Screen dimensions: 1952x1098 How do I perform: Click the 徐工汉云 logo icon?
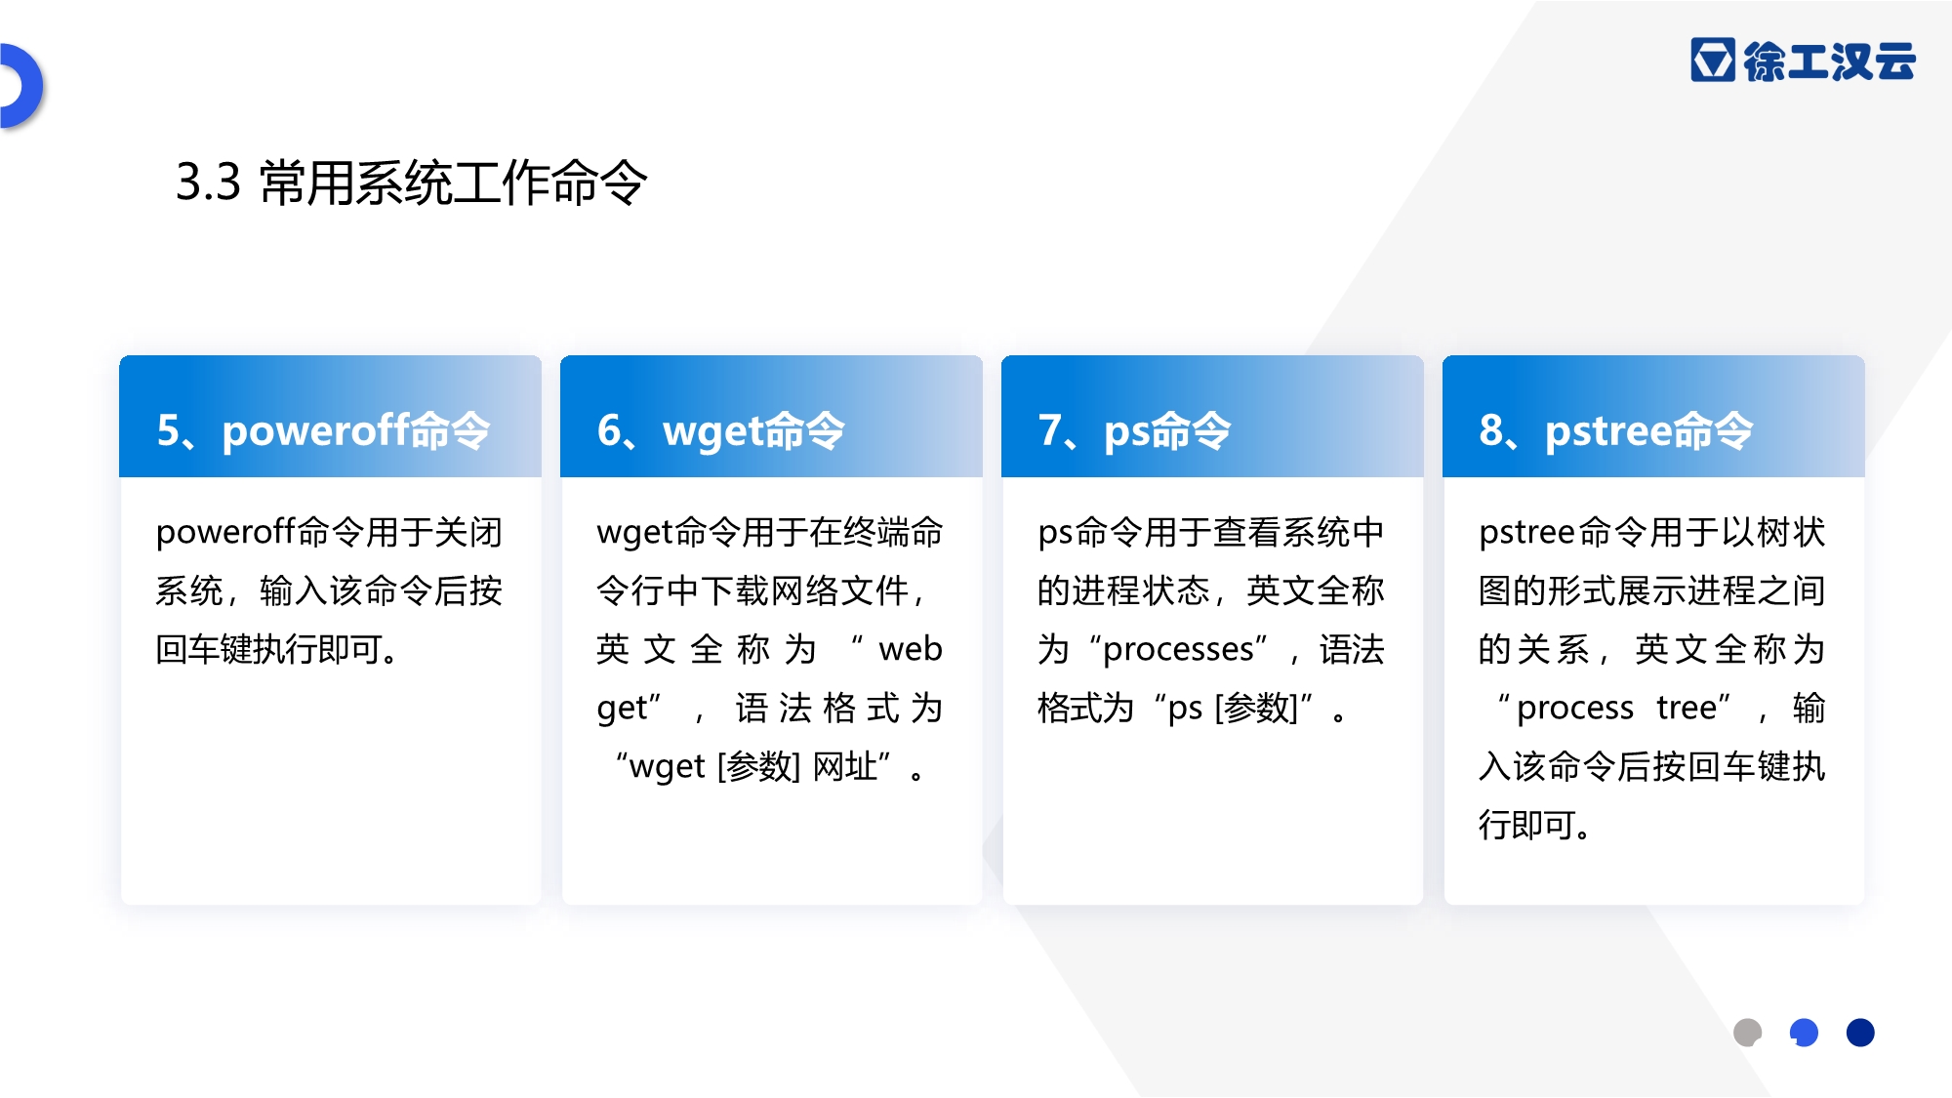1713,60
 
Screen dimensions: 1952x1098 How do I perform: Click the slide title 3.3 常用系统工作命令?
411,183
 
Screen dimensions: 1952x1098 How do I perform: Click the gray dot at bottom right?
1747,1033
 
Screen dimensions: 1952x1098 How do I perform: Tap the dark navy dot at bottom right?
1860,1033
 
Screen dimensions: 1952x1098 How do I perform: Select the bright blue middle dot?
1804,1033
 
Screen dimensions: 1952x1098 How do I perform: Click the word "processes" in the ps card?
1178,650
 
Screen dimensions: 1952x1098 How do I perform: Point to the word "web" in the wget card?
911,649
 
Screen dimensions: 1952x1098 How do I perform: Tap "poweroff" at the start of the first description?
226,533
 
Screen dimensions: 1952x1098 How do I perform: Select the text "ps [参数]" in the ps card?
1233,709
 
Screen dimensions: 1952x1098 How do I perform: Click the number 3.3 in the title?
208,183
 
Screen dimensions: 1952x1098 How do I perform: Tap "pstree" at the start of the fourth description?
1527,533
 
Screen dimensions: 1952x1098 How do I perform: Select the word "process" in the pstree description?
1574,709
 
